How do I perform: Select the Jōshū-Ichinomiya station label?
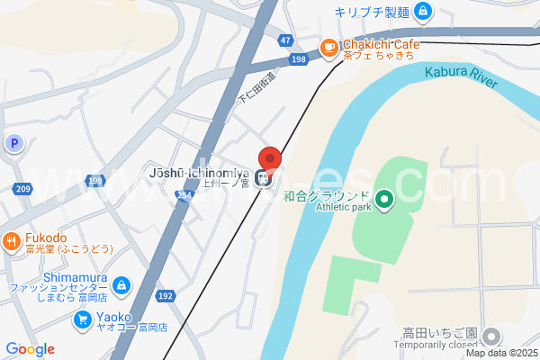[x=198, y=172]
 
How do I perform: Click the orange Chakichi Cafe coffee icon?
[x=330, y=47]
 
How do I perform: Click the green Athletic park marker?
[x=384, y=198]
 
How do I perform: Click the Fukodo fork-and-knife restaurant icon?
[x=11, y=240]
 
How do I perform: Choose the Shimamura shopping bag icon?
[x=121, y=286]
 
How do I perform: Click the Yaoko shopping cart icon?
[x=82, y=318]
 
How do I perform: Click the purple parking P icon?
[x=13, y=142]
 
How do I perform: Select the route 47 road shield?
[x=285, y=40]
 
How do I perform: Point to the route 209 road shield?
[x=22, y=188]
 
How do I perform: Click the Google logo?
[x=30, y=349]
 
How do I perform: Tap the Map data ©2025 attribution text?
[x=499, y=354]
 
